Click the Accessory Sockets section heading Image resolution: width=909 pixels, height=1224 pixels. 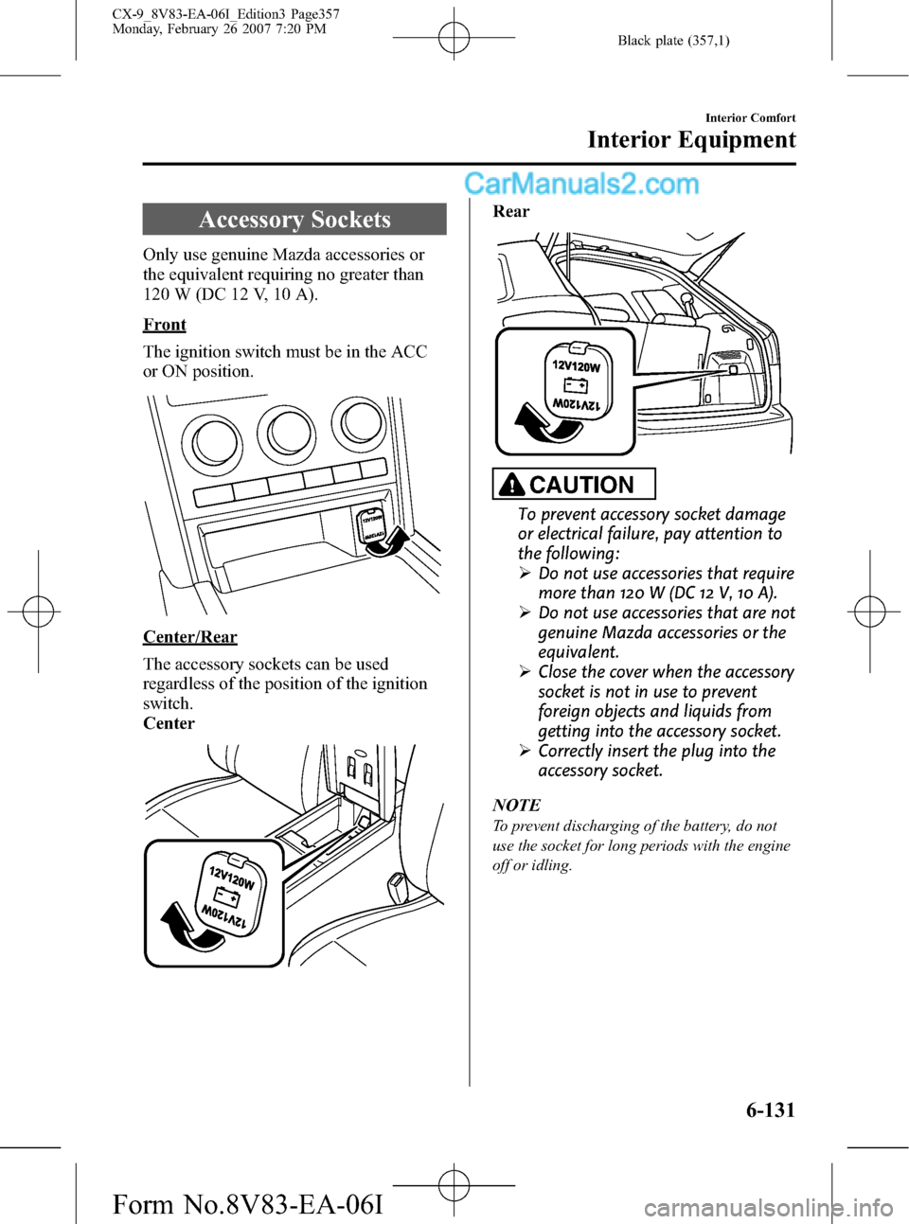point(294,220)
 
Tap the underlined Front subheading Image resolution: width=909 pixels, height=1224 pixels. point(165,325)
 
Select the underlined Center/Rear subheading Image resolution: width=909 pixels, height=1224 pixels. point(190,637)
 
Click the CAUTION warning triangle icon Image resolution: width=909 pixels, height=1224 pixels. point(511,485)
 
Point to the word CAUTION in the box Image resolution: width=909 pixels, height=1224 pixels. point(581,485)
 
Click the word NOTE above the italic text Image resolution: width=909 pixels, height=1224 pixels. point(516,806)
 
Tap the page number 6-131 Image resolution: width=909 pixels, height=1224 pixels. point(770,1109)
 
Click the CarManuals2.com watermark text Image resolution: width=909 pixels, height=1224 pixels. point(581,184)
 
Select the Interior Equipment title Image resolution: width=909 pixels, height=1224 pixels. point(691,140)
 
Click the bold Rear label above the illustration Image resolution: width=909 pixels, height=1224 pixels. point(511,211)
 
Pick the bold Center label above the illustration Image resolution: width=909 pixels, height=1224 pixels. point(169,723)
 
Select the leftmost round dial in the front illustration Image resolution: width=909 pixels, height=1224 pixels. point(216,441)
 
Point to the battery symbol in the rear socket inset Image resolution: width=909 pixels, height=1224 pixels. point(576,385)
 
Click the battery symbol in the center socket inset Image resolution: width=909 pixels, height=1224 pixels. point(226,900)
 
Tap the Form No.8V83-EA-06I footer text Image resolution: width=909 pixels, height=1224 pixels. point(247,1204)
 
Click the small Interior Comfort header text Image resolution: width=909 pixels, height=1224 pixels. point(750,118)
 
